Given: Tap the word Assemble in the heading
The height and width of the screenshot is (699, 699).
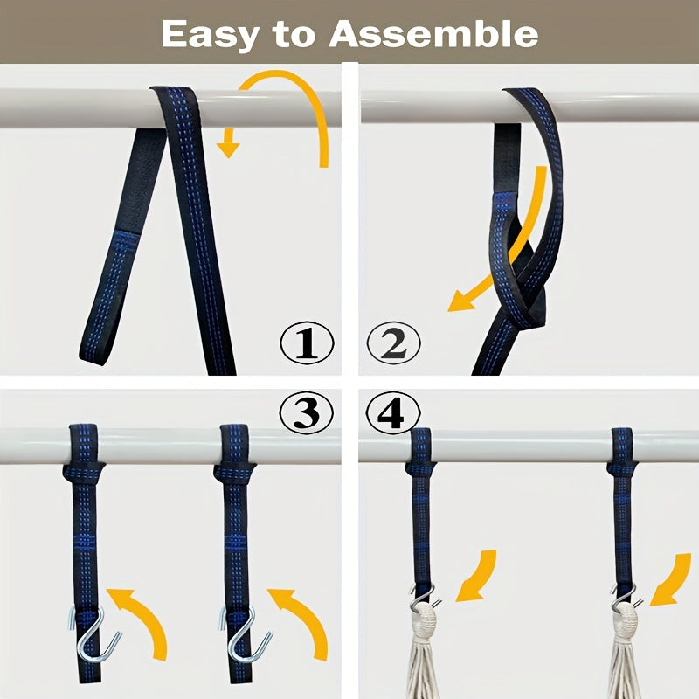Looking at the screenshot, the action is point(433,34).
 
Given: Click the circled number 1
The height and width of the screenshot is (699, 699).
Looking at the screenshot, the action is point(307,343).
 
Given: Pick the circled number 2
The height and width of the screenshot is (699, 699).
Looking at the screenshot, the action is point(393,343).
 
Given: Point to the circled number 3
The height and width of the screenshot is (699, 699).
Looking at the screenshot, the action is point(307,412).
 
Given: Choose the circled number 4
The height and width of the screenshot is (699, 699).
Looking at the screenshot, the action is point(392,412).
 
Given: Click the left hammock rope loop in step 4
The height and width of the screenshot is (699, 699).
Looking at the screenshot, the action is point(425,618).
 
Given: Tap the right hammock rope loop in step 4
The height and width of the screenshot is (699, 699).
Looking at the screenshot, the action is point(627,618).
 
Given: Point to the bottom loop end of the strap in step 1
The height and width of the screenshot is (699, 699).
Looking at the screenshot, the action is point(96,352).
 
